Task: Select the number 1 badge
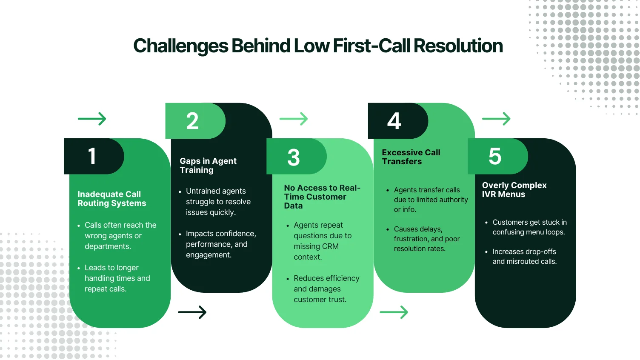coord(92,156)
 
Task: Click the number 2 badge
coord(193,121)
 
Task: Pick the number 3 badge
coord(294,157)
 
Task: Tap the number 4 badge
coord(394,121)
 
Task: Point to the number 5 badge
coord(495,156)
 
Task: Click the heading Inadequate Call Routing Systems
coord(111,199)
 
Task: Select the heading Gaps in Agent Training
coord(208,166)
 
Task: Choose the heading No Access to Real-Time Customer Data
coord(322,197)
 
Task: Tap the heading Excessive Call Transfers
coord(411,157)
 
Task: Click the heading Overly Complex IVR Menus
coord(514,190)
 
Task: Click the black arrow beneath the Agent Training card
coord(192,312)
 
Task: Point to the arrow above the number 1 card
coord(92,119)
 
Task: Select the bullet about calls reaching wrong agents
coord(120,236)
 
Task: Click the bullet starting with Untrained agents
coord(218,202)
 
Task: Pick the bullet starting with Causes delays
coord(426,239)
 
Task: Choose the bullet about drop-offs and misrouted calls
coord(524,257)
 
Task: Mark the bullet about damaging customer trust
coord(326,289)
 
